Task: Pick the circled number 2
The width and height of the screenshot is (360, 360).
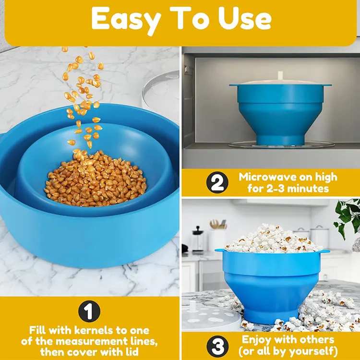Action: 216,183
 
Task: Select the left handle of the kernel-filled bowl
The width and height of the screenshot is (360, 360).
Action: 6,144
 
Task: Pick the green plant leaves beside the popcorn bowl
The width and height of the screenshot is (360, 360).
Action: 348,216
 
